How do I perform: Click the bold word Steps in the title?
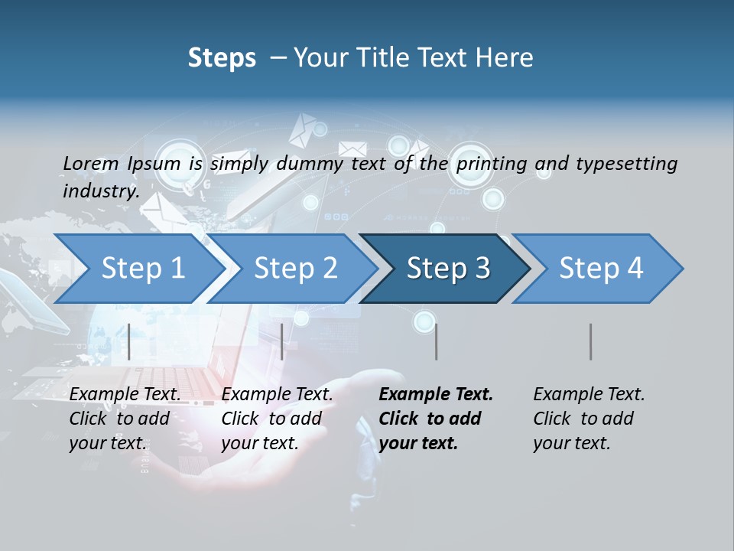pyautogui.click(x=222, y=58)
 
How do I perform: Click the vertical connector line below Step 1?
pyautogui.click(x=129, y=341)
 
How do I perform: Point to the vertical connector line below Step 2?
pyautogui.click(x=282, y=341)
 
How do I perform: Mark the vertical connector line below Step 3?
pyautogui.click(x=436, y=341)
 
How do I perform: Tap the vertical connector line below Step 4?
pyautogui.click(x=590, y=341)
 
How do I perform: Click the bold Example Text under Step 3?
pyautogui.click(x=436, y=395)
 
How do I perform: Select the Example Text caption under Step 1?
pyautogui.click(x=125, y=395)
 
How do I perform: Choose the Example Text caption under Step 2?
pyautogui.click(x=277, y=395)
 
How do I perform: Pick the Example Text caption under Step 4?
pyautogui.click(x=589, y=395)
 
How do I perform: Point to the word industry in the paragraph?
pyautogui.click(x=100, y=191)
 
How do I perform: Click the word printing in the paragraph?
pyautogui.click(x=491, y=163)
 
